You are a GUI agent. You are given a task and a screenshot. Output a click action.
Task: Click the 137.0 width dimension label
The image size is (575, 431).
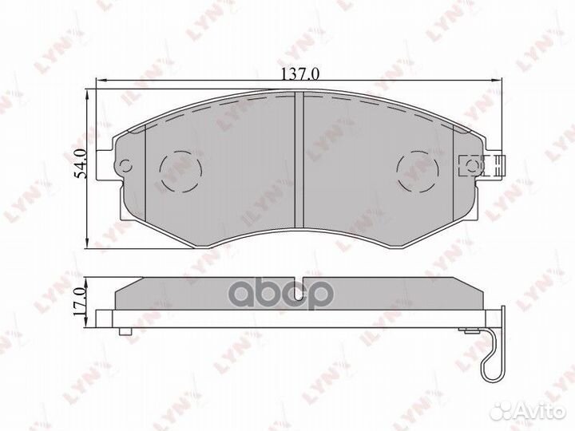click(299, 74)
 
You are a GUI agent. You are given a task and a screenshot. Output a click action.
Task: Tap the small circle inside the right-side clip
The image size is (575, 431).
click(471, 166)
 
